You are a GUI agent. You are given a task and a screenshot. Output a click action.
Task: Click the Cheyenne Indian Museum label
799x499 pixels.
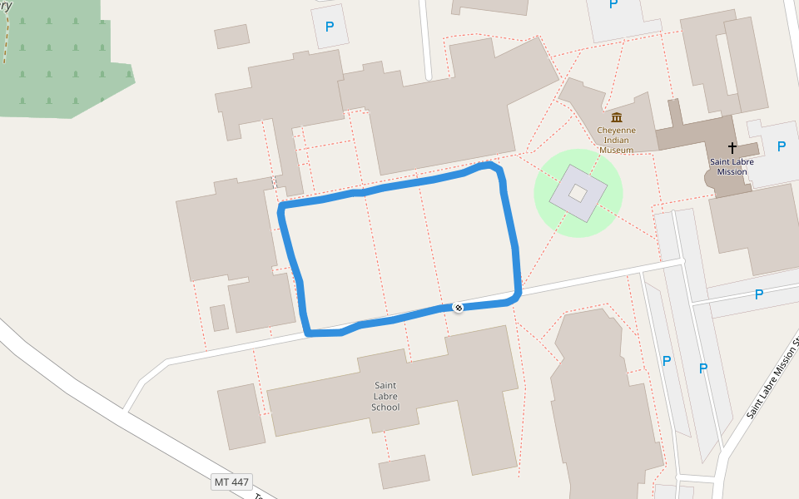coord(616,140)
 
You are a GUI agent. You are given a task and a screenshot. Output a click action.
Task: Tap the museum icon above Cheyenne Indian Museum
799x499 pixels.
coord(617,117)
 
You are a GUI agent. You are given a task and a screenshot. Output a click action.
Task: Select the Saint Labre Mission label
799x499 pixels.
coord(728,166)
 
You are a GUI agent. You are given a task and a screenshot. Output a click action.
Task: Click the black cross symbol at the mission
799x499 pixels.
coord(732,148)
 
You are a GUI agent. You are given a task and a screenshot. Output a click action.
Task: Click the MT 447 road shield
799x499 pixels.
coord(231,482)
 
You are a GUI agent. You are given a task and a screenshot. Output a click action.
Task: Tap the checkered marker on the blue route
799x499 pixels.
coord(458,308)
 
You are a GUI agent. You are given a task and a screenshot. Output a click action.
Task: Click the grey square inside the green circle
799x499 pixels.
coord(578,194)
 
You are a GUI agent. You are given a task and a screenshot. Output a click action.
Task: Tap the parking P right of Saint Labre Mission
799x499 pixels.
coord(781,147)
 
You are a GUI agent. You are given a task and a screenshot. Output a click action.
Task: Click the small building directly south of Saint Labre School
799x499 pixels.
coord(404,472)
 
